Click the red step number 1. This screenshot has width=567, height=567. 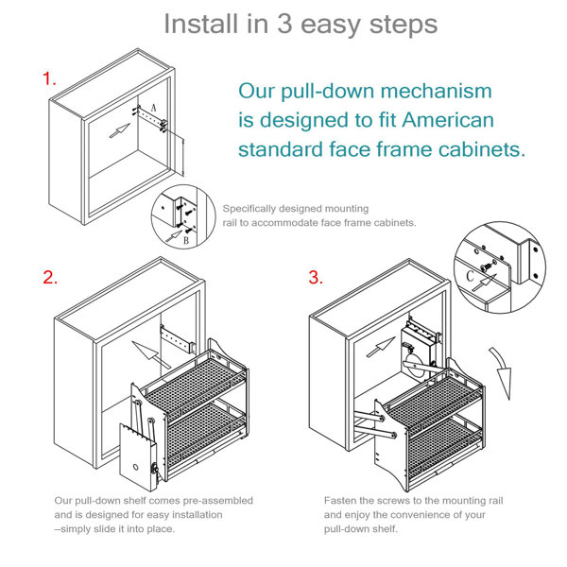pyautogui.click(x=48, y=79)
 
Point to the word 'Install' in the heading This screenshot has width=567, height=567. pyautogui.click(x=201, y=24)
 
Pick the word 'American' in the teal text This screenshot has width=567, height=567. pyautogui.click(x=447, y=120)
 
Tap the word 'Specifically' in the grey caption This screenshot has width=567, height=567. pyautogui.click(x=249, y=209)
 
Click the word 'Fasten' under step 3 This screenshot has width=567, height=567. pyautogui.click(x=341, y=500)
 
